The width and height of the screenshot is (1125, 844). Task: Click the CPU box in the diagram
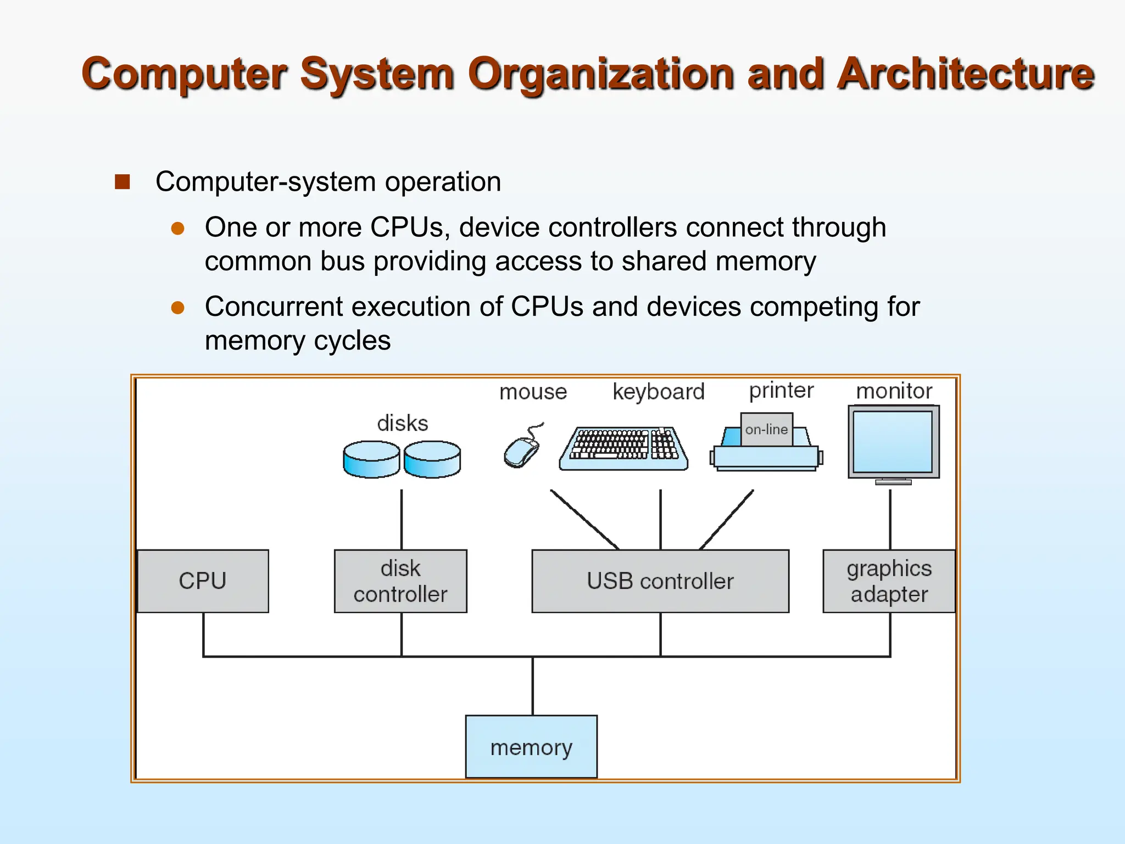(x=203, y=581)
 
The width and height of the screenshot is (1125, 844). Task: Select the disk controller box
(x=400, y=581)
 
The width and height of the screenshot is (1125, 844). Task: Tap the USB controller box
(x=660, y=581)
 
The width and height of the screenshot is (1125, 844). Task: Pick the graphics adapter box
(x=889, y=581)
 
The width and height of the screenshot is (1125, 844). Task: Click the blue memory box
(x=531, y=747)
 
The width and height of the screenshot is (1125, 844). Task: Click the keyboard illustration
(x=623, y=448)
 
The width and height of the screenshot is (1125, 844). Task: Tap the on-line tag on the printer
(x=766, y=429)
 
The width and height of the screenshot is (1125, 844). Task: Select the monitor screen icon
(x=893, y=442)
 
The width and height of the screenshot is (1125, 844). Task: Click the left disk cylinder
(x=371, y=459)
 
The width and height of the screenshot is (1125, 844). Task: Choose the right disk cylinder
(x=432, y=459)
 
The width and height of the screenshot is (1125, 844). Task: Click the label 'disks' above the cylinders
(x=402, y=423)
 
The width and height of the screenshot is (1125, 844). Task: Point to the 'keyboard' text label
(x=658, y=392)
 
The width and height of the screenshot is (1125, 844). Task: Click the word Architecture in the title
(x=965, y=74)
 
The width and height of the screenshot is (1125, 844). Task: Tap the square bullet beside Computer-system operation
(x=122, y=182)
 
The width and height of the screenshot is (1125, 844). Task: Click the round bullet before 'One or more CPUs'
(x=177, y=229)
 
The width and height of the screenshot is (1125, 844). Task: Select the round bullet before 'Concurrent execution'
(x=177, y=308)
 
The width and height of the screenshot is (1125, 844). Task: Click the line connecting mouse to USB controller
(x=584, y=519)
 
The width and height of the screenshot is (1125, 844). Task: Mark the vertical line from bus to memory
(x=532, y=686)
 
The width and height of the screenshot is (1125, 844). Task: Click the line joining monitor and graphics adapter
(x=890, y=519)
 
